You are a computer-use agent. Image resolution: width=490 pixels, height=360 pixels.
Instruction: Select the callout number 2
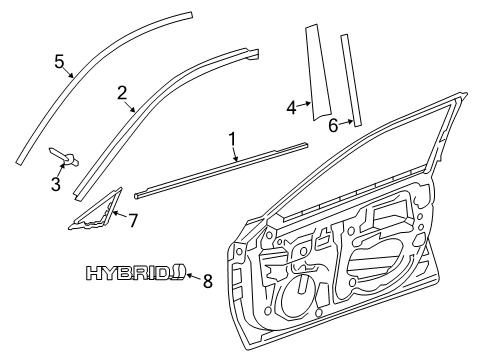122,93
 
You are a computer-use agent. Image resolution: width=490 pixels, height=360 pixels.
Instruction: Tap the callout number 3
55,184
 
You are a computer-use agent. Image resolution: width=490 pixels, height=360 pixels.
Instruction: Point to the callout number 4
290,108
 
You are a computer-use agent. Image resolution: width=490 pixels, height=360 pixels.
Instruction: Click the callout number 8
208,281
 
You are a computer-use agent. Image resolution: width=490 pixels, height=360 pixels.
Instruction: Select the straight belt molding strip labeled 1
220,171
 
